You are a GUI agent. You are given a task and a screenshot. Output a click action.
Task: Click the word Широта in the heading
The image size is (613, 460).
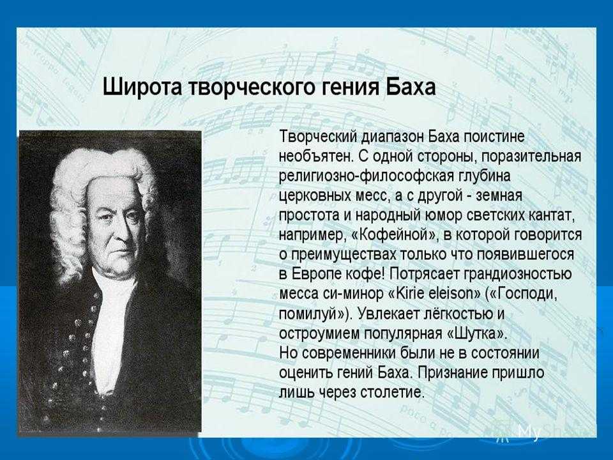tap(142, 87)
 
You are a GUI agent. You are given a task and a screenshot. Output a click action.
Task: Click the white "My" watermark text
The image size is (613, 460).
tap(529, 432)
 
